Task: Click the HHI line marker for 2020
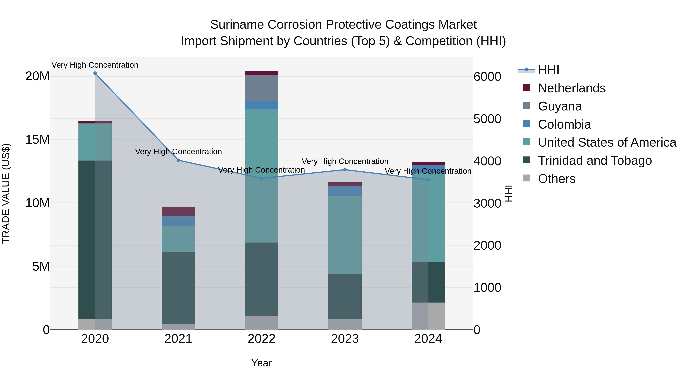pyautogui.click(x=95, y=73)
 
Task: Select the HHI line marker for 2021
pyautogui.click(x=178, y=160)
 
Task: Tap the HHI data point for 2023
pyautogui.click(x=345, y=170)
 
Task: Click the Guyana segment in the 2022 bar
pyautogui.click(x=261, y=88)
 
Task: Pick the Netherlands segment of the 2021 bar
pyautogui.click(x=178, y=211)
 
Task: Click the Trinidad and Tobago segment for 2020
pyautogui.click(x=95, y=240)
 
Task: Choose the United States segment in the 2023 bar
pyautogui.click(x=345, y=235)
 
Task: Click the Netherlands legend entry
pyautogui.click(x=572, y=88)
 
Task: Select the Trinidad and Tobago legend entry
pyautogui.click(x=595, y=161)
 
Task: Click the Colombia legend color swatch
pyautogui.click(x=527, y=124)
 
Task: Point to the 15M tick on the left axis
pyautogui.click(x=37, y=140)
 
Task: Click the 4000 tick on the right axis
pyautogui.click(x=487, y=161)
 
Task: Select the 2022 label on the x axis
pyautogui.click(x=261, y=339)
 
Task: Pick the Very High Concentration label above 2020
pyautogui.click(x=95, y=65)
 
